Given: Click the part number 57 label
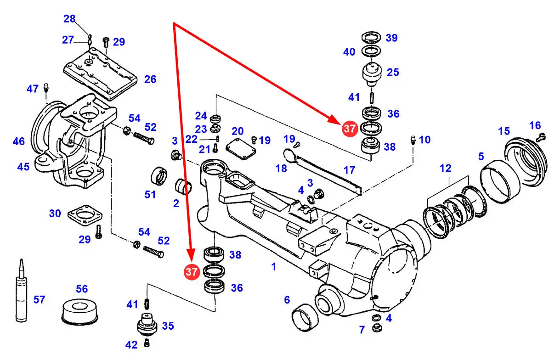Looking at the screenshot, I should point(40,300).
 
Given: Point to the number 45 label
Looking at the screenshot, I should point(23,166).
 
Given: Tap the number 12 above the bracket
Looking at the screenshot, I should point(445,168).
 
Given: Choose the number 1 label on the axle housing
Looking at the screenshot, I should point(273,266).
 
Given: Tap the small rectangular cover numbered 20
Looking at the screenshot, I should point(240,148).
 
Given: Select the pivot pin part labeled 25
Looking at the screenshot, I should point(372,74).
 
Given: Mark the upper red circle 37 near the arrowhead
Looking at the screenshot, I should point(350,129).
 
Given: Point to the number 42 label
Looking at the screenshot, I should point(131,344).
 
